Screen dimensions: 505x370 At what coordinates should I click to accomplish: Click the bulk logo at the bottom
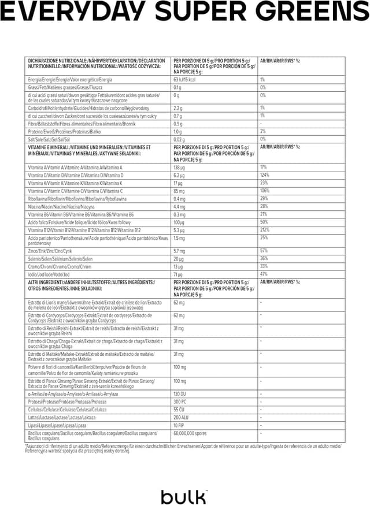click(183, 496)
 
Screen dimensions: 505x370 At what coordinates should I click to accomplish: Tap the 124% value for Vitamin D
click(265, 174)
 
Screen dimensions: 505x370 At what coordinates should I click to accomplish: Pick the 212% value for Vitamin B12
click(265, 230)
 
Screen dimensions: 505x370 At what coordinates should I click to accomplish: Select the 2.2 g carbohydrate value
click(178, 107)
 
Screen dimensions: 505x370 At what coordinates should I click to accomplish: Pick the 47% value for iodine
click(264, 274)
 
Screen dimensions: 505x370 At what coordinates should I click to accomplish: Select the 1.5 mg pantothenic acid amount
click(179, 237)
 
